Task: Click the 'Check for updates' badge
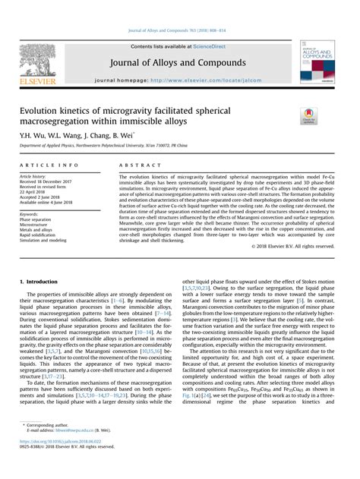click(309, 115)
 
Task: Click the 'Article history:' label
click(35, 176)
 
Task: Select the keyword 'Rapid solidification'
click(42, 235)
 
